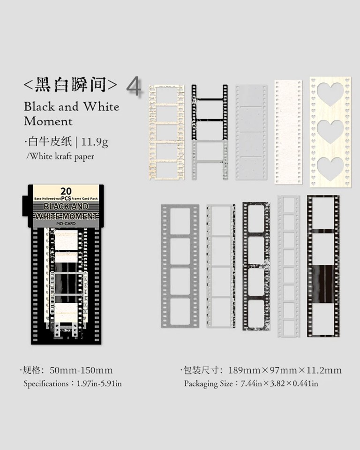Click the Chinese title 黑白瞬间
click(x=70, y=84)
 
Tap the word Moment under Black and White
click(x=48, y=121)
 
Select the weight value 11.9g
click(x=97, y=141)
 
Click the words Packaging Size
click(x=208, y=384)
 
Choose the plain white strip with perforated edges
click(x=288, y=132)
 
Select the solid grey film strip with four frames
click(x=180, y=266)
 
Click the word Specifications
click(x=46, y=384)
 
